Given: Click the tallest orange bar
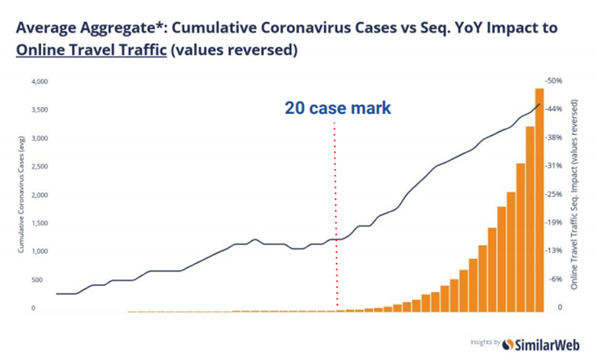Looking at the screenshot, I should (x=539, y=199).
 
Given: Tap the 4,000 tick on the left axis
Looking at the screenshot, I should (x=39, y=82).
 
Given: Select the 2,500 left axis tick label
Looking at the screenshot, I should (x=39, y=167).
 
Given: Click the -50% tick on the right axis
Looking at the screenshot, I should (x=554, y=80).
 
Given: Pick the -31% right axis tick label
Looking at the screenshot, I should (x=554, y=166).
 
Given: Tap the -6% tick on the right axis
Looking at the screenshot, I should (x=556, y=280).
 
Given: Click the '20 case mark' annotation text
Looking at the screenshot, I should (x=338, y=109).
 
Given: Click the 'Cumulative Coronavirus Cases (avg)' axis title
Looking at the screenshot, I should (x=20, y=196).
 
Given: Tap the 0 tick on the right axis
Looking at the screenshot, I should (x=559, y=308).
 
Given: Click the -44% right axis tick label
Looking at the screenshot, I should (x=554, y=109).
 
